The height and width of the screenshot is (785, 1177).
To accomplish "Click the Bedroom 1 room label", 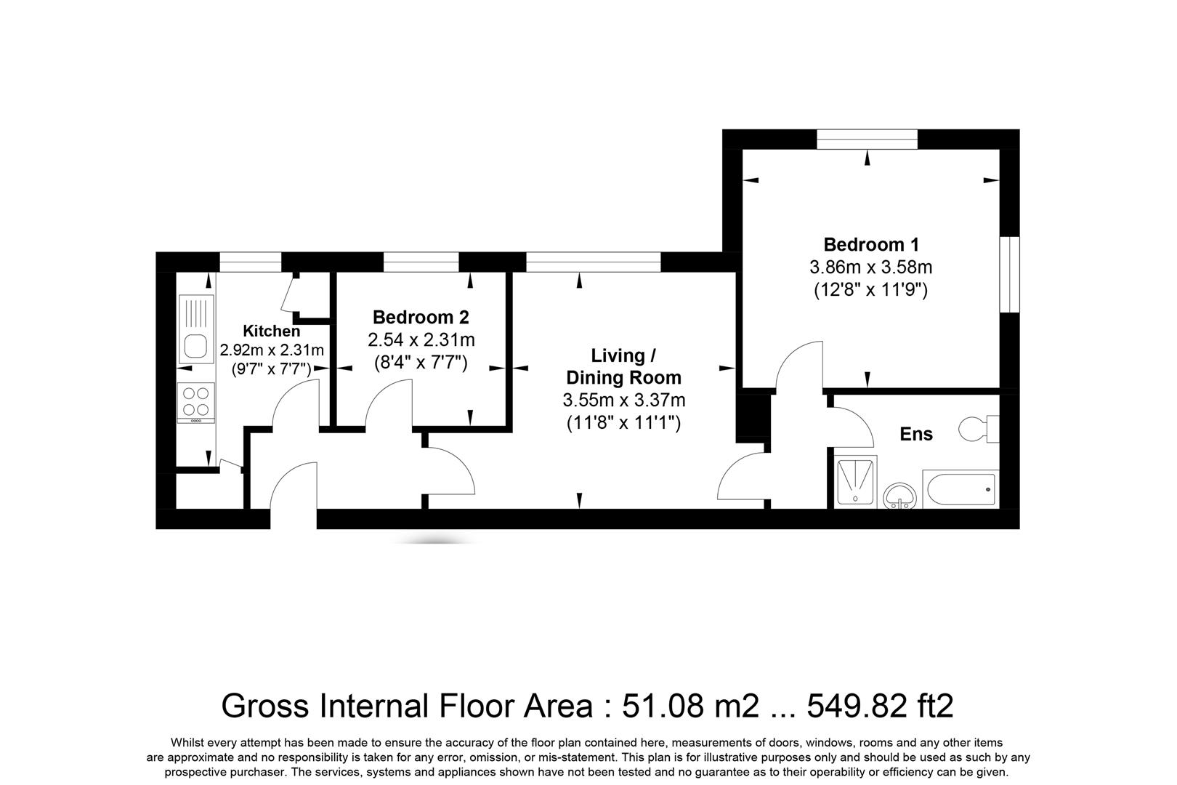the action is point(870,244).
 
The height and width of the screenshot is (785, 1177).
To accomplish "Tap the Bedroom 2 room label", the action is point(421,317).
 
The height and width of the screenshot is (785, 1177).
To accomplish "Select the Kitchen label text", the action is point(271,331).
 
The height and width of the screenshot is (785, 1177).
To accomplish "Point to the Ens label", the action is point(916,434).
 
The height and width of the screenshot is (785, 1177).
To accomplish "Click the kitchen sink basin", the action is point(195,346).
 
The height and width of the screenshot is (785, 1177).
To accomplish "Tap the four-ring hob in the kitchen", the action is point(196,402).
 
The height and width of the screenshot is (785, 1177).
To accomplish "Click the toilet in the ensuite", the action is point(979,429).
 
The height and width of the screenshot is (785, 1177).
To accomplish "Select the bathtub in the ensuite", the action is point(960,489).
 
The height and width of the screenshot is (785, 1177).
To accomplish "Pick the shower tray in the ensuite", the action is point(855,482).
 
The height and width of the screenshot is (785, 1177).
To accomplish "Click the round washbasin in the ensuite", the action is point(899,496).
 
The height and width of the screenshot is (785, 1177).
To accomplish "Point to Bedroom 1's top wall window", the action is point(867,140).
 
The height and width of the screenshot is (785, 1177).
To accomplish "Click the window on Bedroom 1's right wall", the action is point(1009,275).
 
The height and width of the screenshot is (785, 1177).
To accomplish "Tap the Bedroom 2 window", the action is point(421,262).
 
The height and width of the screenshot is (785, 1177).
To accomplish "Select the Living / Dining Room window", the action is point(594,262).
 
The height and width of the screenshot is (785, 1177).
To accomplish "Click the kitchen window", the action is point(250,262).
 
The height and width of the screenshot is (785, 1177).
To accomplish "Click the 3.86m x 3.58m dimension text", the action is point(870,267).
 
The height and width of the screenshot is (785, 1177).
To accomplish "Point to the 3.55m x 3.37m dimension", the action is point(623,400).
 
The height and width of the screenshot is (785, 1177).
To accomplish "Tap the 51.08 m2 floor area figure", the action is point(690,706).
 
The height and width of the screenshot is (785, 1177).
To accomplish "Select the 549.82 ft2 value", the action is point(880,706).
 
